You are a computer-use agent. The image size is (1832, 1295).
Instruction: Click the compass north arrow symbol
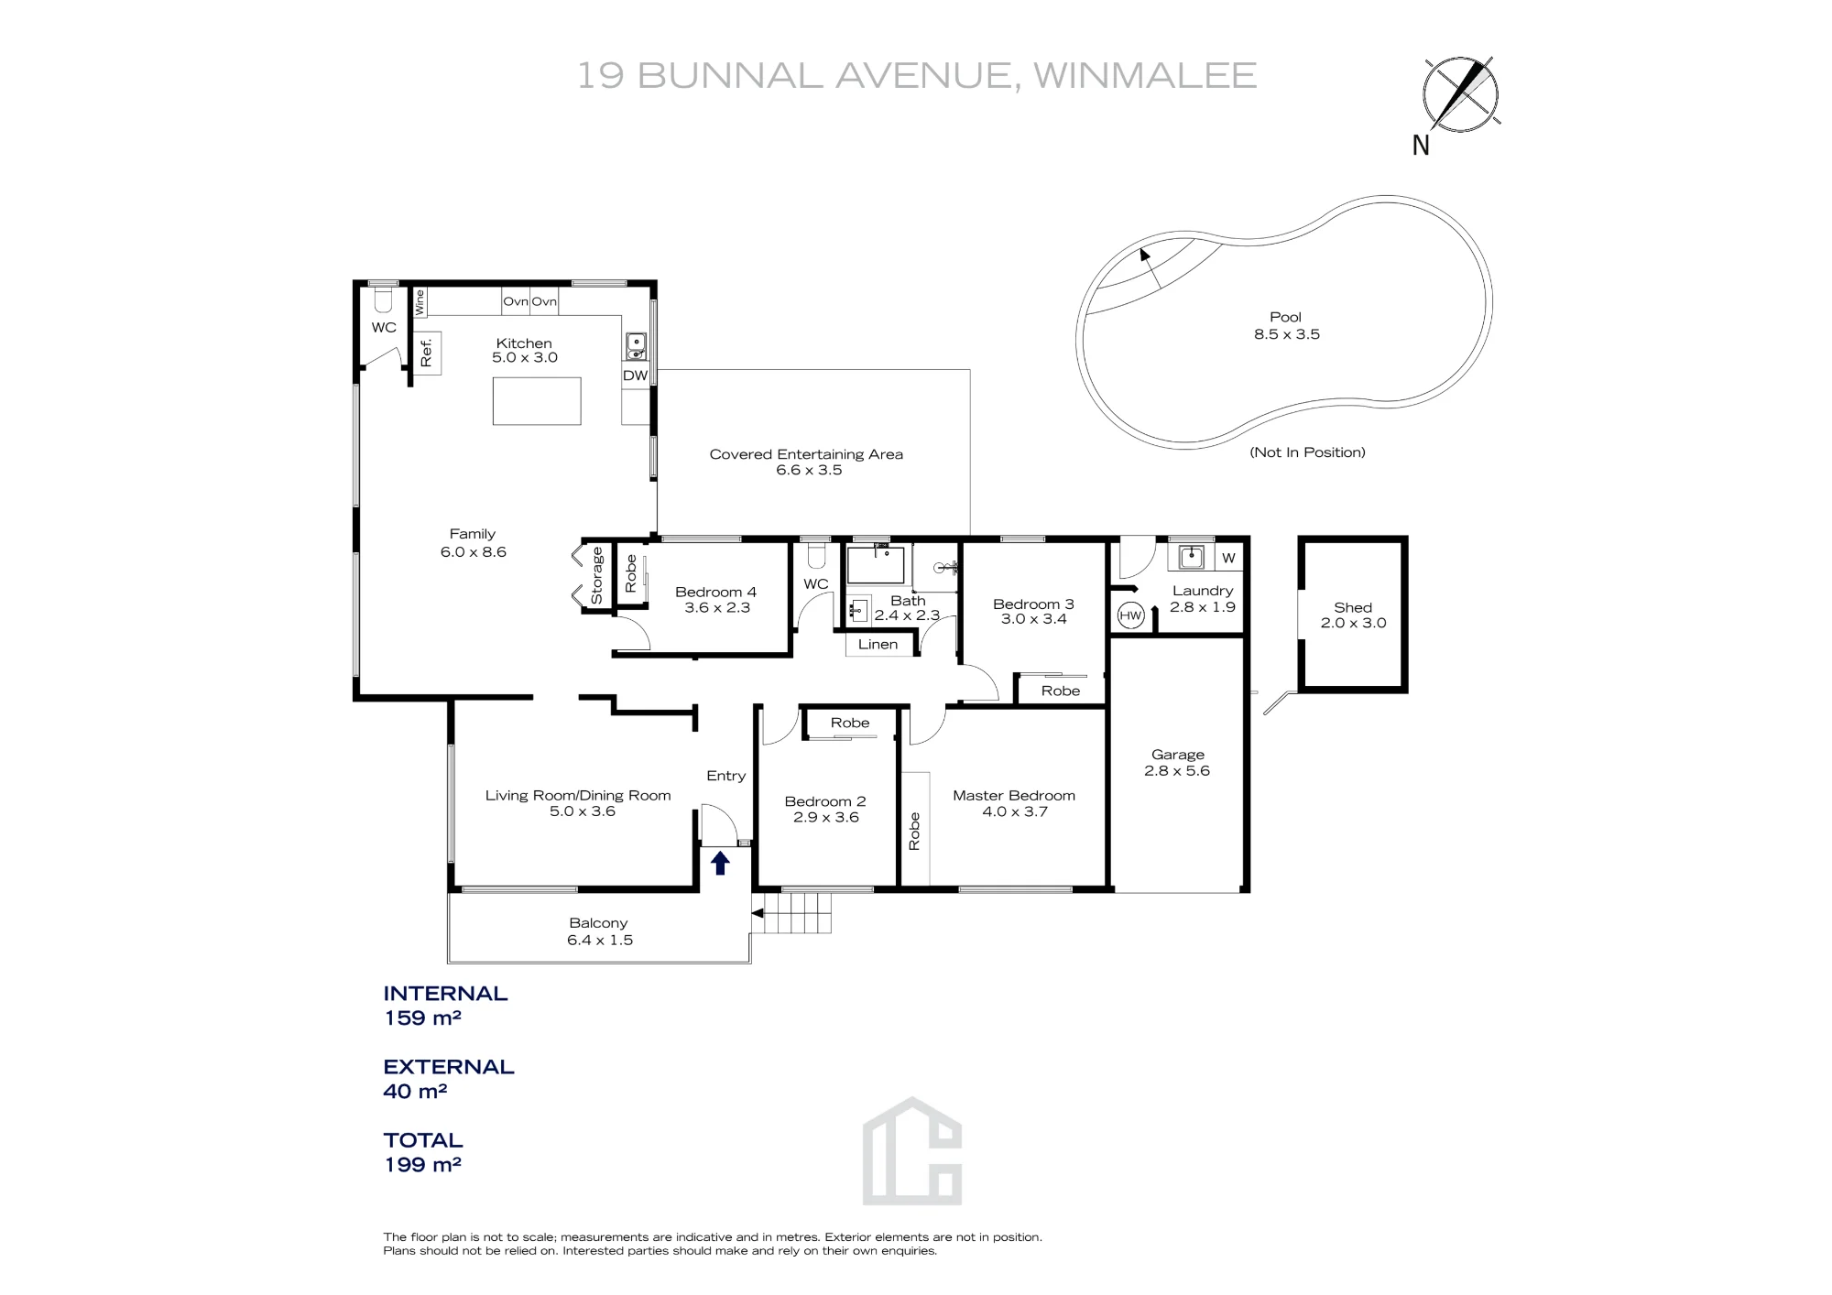coord(1461,94)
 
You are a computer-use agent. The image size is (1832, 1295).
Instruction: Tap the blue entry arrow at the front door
coord(720,863)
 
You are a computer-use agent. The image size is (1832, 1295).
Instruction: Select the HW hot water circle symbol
coord(1130,615)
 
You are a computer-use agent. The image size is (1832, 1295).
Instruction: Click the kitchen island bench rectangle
coord(537,401)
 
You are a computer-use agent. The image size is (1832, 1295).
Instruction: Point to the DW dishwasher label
coord(635,375)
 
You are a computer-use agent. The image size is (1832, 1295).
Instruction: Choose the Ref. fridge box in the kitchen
coord(427,353)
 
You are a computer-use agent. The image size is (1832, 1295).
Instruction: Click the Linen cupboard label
coord(878,644)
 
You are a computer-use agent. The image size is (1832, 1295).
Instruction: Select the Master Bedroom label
coord(1014,795)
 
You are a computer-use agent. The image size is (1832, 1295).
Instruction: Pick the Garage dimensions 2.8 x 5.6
coord(1177,771)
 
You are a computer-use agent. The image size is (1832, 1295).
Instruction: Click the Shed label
coord(1353,607)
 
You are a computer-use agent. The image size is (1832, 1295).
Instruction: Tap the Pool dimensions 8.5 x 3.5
coord(1287,334)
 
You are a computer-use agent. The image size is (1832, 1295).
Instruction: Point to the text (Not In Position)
coord(1307,452)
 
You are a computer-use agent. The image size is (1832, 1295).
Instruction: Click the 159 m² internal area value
coord(422,1017)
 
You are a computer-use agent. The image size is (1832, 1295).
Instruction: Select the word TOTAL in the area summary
coord(423,1140)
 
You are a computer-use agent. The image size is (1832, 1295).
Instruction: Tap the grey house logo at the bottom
coord(912,1150)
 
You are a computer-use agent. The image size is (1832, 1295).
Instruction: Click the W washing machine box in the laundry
coord(1228,558)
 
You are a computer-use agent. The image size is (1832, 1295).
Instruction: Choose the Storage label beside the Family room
coord(597,575)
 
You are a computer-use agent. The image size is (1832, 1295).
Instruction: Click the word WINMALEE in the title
coord(1145,75)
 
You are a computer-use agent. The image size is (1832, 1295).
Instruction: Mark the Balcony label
coord(598,923)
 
